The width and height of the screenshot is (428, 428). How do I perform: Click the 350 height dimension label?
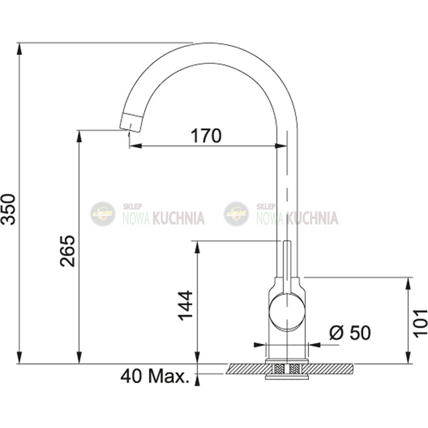[x=8, y=210]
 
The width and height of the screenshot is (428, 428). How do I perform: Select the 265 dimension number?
[x=67, y=251]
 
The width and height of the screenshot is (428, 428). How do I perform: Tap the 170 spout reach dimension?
[x=206, y=136]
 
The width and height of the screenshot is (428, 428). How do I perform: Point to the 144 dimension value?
[x=185, y=305]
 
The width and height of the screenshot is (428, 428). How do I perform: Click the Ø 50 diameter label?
[x=350, y=332]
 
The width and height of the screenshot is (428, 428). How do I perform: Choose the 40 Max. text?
[x=155, y=376]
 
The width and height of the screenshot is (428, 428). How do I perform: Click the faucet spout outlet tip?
[x=130, y=123]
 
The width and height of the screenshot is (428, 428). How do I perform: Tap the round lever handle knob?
[x=287, y=311]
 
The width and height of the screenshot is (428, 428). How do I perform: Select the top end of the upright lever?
[x=287, y=241]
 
